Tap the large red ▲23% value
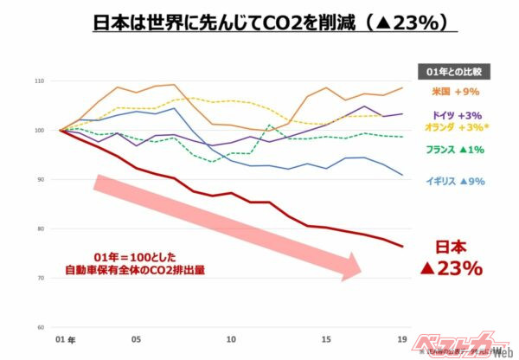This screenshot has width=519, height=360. coord(451,268)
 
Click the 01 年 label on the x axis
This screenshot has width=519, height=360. coord(64,340)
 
